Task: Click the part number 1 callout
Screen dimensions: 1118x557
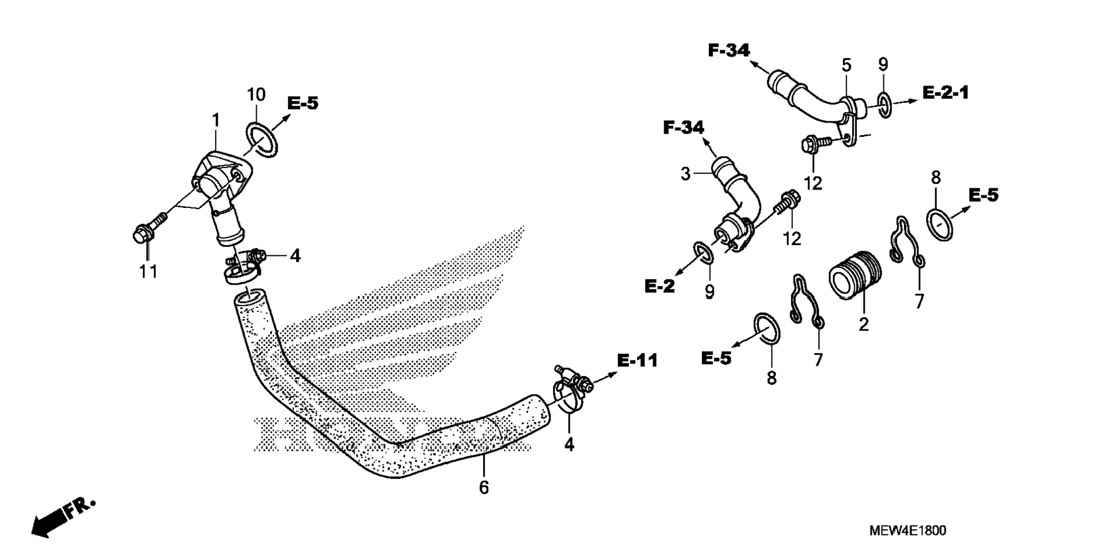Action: [x=216, y=121]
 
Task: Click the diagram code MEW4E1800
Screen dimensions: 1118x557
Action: [x=908, y=530]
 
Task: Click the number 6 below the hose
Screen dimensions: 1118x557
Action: [x=484, y=488]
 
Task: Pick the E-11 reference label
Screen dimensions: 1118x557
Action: [x=638, y=361]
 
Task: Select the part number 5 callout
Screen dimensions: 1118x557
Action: [x=846, y=65]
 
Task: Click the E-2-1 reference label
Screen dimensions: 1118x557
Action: [x=946, y=92]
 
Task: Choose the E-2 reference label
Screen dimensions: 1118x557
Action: [x=660, y=285]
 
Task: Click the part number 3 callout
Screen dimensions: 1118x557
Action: [x=685, y=173]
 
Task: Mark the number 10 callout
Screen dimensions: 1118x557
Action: [x=257, y=95]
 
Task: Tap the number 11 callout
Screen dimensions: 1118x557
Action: [x=148, y=272]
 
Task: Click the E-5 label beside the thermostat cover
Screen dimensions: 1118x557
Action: [x=303, y=103]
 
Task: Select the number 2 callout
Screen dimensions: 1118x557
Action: [x=864, y=325]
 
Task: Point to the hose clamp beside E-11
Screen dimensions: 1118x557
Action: [x=570, y=389]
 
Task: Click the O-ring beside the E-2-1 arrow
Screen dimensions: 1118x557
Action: [x=884, y=103]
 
